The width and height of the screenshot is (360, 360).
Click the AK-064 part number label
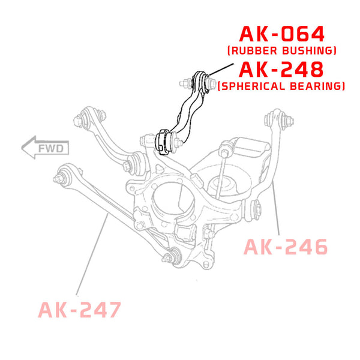tap(282, 34)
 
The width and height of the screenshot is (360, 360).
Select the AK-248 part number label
tap(281, 70)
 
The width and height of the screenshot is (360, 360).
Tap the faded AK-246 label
tap(286, 247)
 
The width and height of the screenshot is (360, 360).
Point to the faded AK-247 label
tap(79, 310)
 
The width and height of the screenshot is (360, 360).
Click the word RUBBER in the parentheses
tap(254, 50)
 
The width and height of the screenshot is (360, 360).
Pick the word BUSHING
tap(308, 50)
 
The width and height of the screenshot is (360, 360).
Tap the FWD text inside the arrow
tap(51, 149)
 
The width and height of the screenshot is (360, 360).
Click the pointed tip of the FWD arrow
tap(22, 148)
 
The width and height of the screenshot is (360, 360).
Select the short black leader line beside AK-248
tap(221, 70)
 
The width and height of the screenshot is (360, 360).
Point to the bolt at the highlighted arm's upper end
tap(210, 83)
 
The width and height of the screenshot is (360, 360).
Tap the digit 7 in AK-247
tap(113, 310)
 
